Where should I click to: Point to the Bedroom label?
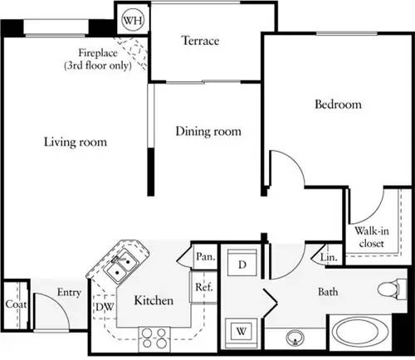pyautogui.click(x=339, y=105)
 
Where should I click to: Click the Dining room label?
pyautogui.click(x=208, y=131)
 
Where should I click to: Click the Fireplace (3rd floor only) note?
pyautogui.click(x=99, y=60)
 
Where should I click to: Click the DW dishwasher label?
pyautogui.click(x=103, y=307)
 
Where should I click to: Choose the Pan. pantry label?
pyautogui.click(x=205, y=257)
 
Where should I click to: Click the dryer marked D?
pyautogui.click(x=243, y=265)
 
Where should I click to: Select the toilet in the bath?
pyautogui.click(x=388, y=290)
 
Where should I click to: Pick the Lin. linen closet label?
pyautogui.click(x=329, y=259)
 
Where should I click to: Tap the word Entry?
pyautogui.click(x=68, y=292)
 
